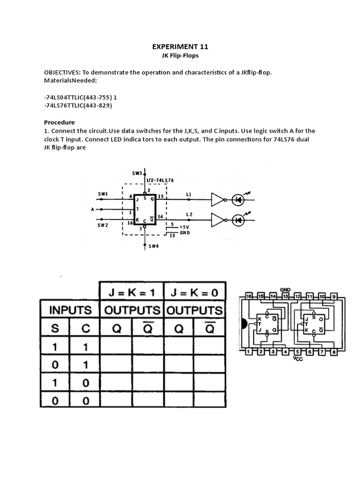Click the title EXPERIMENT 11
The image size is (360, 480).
point(180,46)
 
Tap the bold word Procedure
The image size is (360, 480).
point(60,122)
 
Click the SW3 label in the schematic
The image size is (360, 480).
point(137,173)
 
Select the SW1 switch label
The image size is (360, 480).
point(103,193)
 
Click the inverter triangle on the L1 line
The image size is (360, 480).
point(218,200)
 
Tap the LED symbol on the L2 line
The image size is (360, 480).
point(239,219)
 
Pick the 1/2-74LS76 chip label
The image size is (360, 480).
point(160,180)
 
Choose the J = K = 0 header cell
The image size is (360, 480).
point(195,292)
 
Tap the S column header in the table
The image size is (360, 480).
point(55,328)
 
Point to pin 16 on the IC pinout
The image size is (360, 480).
point(248,297)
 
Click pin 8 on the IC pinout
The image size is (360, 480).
point(333,352)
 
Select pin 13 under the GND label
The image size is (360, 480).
point(285,297)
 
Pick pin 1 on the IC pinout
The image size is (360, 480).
point(248,352)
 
